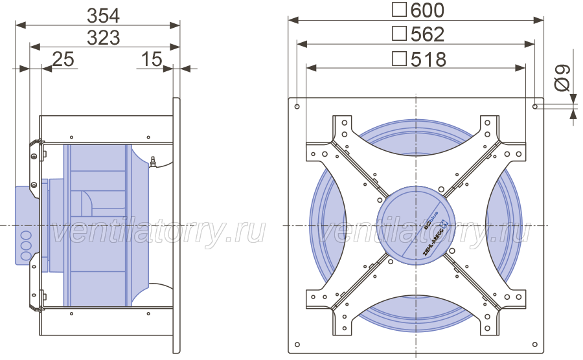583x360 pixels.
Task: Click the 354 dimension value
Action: coord(104,16)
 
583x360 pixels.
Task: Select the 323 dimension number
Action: coord(104,38)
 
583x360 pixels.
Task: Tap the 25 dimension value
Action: coord(63,60)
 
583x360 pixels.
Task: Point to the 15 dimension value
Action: coord(152,60)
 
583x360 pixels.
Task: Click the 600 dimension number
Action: coord(428,10)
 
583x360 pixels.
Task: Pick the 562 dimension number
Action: coord(428,34)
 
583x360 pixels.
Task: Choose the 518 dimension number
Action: coord(428,60)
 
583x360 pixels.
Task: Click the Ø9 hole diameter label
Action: coord(562,78)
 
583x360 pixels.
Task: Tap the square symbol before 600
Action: coord(399,9)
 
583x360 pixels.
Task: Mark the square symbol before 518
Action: coord(399,59)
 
